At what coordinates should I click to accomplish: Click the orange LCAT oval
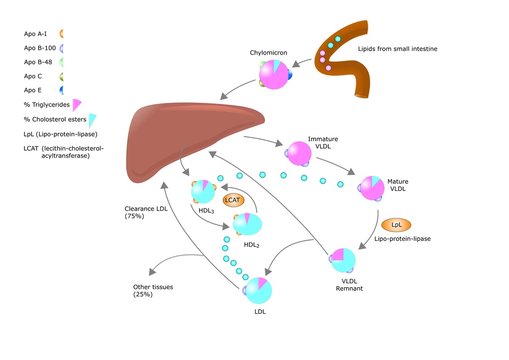[234, 200]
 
